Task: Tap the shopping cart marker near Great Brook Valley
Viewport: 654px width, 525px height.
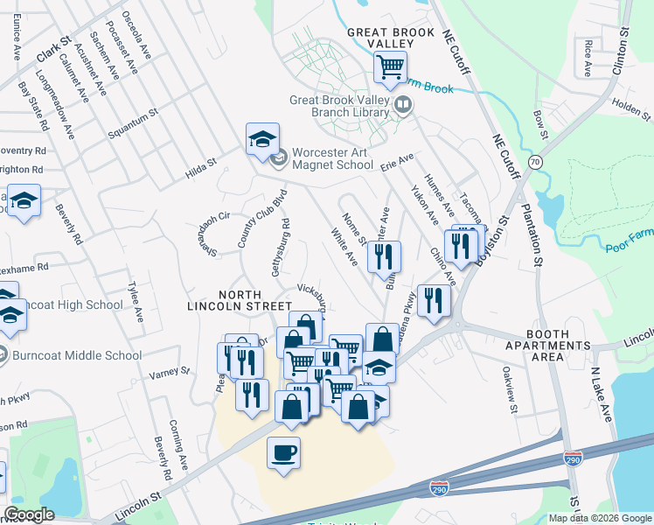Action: pos(390,66)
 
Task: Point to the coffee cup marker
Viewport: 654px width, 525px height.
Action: pos(283,453)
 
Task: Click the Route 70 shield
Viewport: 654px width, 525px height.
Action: pos(534,162)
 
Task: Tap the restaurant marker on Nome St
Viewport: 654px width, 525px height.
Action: pos(383,257)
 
